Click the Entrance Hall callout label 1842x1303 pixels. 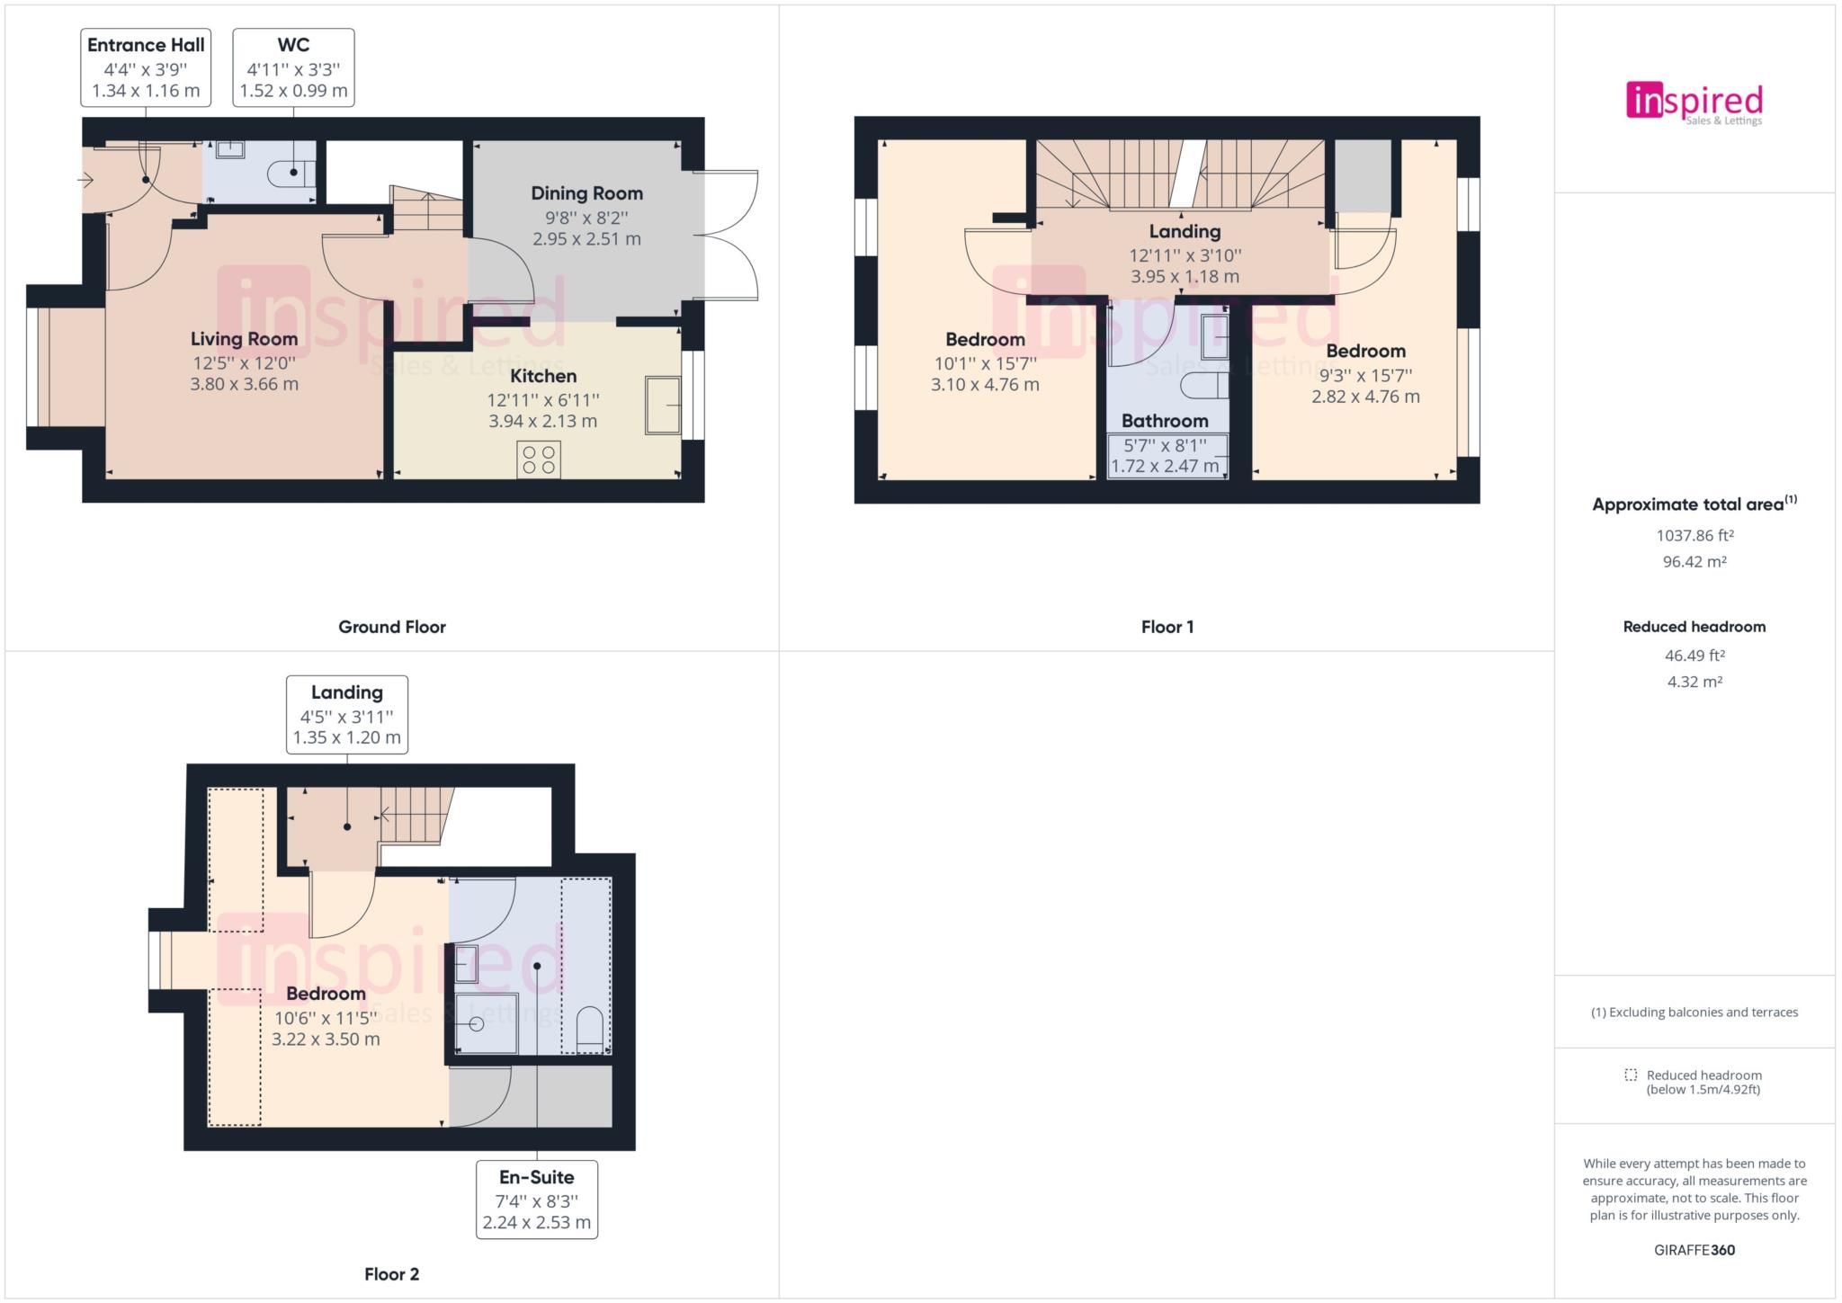click(146, 67)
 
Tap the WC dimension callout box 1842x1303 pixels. click(293, 67)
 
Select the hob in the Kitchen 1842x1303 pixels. click(539, 460)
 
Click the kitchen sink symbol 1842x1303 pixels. click(663, 406)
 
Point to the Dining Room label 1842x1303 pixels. click(586, 193)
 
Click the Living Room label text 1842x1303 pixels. click(244, 339)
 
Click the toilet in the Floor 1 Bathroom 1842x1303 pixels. click(1204, 386)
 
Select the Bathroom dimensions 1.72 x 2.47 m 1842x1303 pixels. click(1165, 466)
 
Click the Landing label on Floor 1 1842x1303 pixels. click(1185, 232)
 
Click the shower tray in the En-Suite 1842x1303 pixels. click(487, 1023)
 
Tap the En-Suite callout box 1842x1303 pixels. click(537, 1200)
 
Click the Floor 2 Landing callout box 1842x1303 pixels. click(347, 715)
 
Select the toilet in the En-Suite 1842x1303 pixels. click(589, 1029)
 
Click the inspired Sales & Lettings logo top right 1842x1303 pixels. click(1694, 103)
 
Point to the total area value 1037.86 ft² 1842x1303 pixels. click(1694, 536)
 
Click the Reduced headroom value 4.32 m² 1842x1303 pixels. click(1694, 682)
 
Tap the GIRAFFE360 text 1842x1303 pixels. click(1694, 1250)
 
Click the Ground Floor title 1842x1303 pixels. click(392, 627)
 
